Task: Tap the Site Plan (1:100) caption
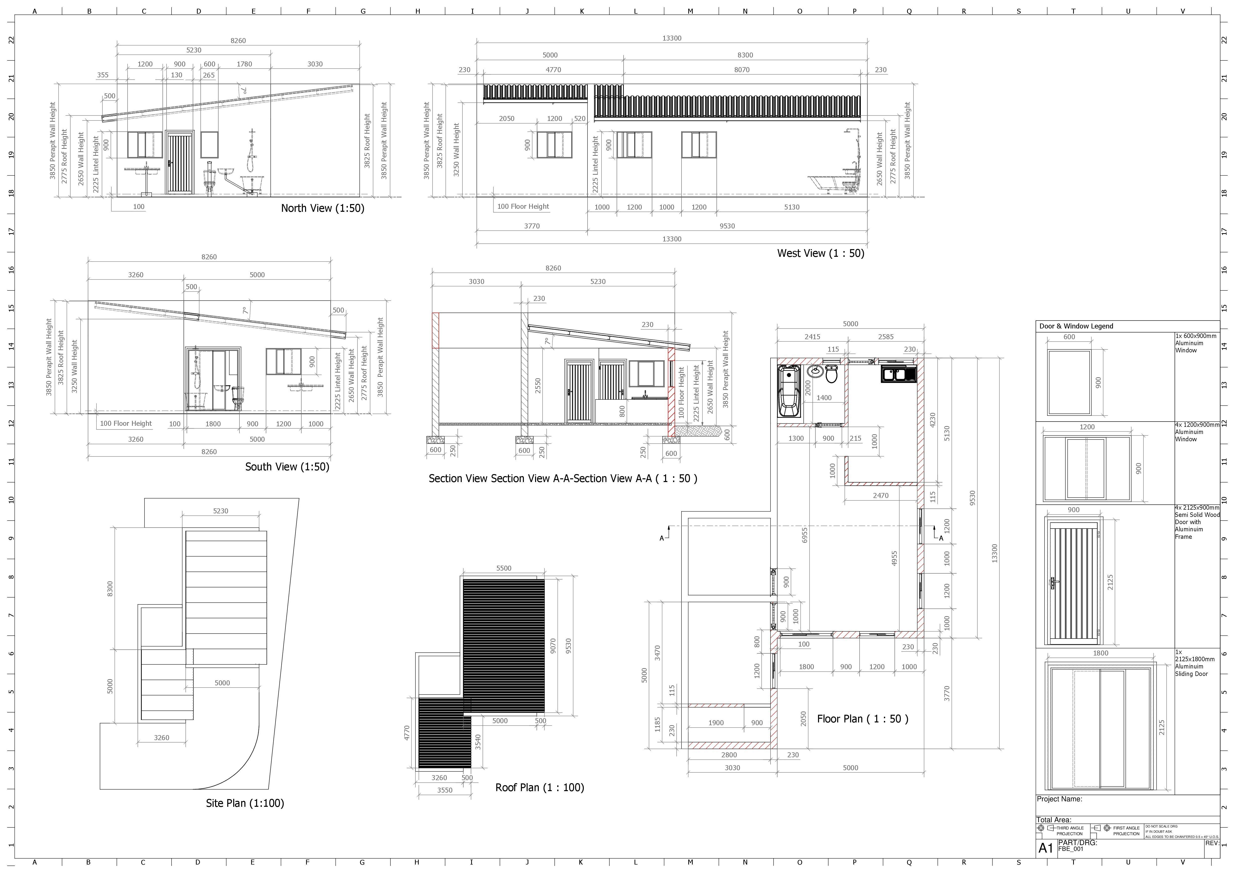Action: pos(245,803)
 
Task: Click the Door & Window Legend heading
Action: pos(1076,326)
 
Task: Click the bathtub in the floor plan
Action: pos(788,391)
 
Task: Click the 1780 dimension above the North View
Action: pos(244,64)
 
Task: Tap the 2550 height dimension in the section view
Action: pos(538,385)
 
